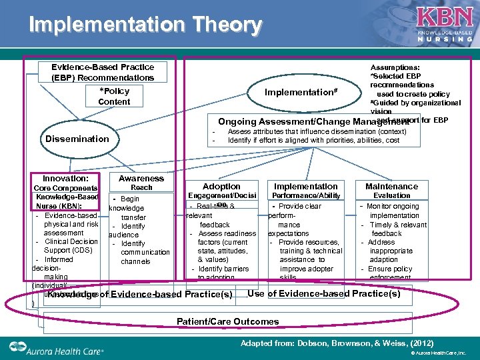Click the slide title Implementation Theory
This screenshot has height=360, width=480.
(145, 25)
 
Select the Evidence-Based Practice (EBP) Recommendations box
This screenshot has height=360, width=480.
(103, 72)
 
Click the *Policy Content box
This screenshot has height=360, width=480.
(114, 96)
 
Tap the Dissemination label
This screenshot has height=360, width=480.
(77, 139)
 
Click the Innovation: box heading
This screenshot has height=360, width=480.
(65, 179)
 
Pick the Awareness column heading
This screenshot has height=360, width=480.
(141, 178)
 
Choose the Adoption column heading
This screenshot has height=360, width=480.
(221, 186)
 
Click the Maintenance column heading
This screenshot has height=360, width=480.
(391, 186)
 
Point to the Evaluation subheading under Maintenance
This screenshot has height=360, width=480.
(391, 195)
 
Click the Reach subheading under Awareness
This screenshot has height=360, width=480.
(141, 187)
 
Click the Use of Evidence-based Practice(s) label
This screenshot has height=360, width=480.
(324, 293)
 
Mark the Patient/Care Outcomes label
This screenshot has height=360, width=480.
(227, 321)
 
